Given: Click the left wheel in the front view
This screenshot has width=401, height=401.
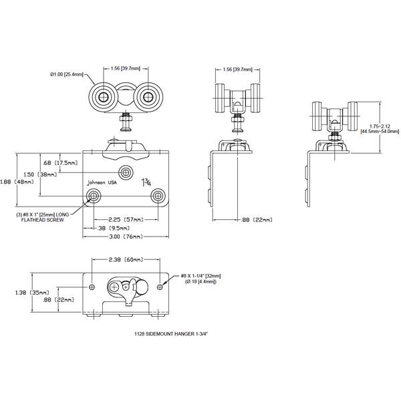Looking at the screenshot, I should pos(104,98).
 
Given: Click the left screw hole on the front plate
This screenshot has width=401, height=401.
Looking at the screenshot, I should pos(94,196).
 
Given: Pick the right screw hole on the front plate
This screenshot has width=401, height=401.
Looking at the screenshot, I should pos(158,196).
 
